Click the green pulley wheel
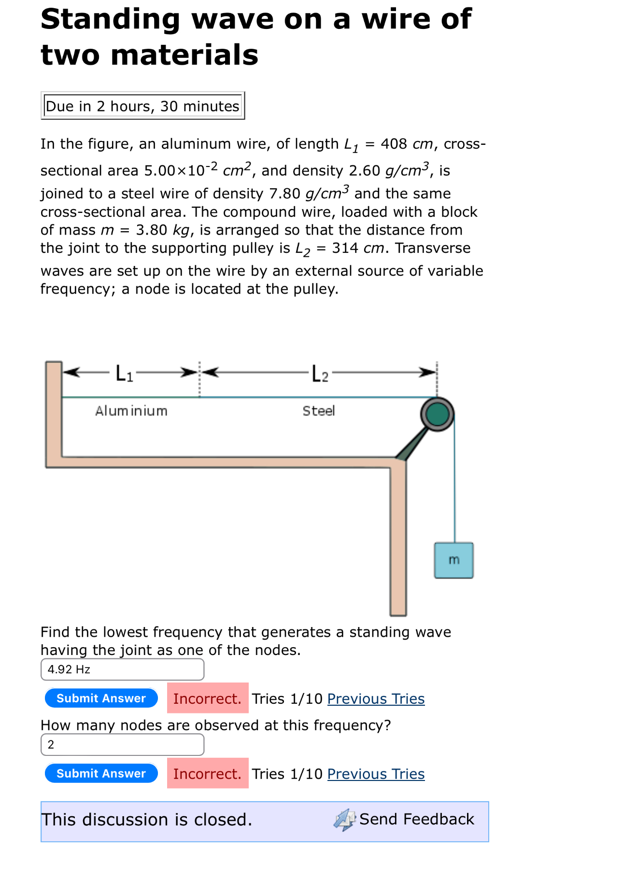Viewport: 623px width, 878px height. [x=438, y=414]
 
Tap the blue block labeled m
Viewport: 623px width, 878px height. [x=453, y=560]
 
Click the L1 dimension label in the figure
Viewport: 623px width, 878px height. [x=124, y=373]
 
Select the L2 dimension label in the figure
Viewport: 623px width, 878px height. [x=320, y=374]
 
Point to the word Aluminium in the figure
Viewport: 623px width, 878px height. [x=131, y=411]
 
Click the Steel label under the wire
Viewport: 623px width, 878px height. [x=319, y=411]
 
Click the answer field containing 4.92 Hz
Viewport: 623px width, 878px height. [x=122, y=669]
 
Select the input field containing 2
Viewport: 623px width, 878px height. [x=122, y=745]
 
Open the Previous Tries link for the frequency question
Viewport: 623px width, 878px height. [x=376, y=698]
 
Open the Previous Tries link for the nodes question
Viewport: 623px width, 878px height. [x=376, y=774]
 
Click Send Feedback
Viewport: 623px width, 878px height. [x=416, y=819]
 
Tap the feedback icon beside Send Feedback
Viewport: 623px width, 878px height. [x=344, y=820]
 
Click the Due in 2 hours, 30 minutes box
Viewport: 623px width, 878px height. [x=142, y=106]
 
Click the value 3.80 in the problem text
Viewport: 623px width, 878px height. [x=151, y=230]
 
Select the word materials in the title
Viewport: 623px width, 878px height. [x=184, y=55]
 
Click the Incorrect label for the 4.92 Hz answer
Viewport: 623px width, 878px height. [x=207, y=698]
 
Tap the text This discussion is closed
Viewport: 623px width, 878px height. [x=146, y=820]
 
